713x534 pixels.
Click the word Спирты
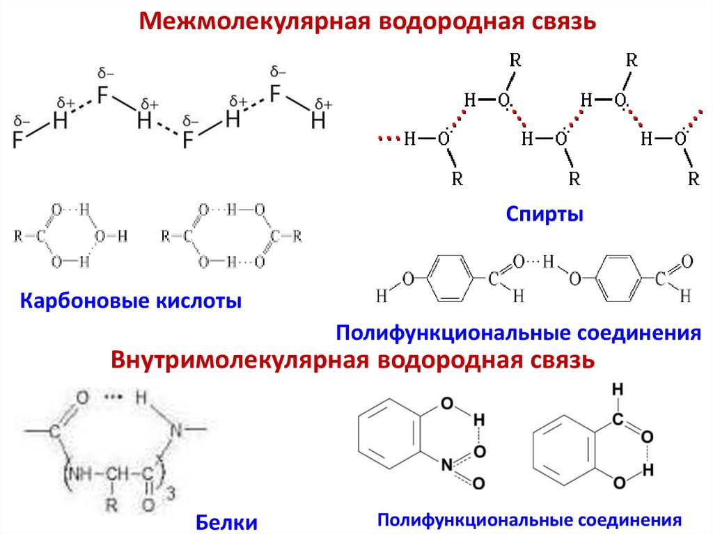[x=544, y=214]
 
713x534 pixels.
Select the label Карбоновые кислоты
[x=131, y=301]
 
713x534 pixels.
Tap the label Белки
[x=226, y=521]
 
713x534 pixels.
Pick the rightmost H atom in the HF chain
[x=318, y=122]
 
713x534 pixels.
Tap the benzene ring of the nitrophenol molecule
[x=389, y=439]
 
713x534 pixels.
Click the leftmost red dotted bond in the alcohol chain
[x=386, y=139]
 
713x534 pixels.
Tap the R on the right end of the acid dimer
[x=297, y=236]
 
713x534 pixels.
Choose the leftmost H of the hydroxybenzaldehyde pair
[x=381, y=296]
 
